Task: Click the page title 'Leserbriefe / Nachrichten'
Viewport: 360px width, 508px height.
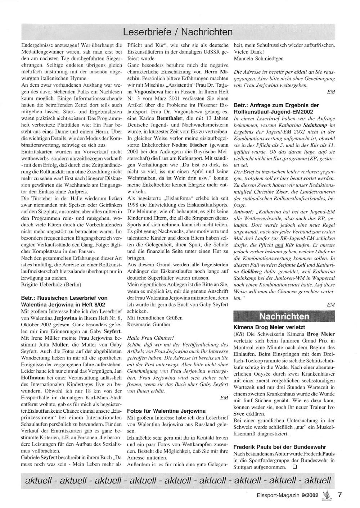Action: pos(178,32)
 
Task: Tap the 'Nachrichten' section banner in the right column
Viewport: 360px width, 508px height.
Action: pos(284,316)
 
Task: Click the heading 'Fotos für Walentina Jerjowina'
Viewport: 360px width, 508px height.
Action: pos(166,411)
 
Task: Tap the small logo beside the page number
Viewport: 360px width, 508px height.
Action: pos(327,495)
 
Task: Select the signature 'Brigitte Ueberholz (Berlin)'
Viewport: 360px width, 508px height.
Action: pos(51,285)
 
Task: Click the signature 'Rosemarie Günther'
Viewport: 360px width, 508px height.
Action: pos(149,324)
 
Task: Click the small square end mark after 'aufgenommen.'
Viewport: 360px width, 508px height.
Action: pos(294,467)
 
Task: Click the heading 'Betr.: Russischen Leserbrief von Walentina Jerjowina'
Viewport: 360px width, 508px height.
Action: pos(64,301)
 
